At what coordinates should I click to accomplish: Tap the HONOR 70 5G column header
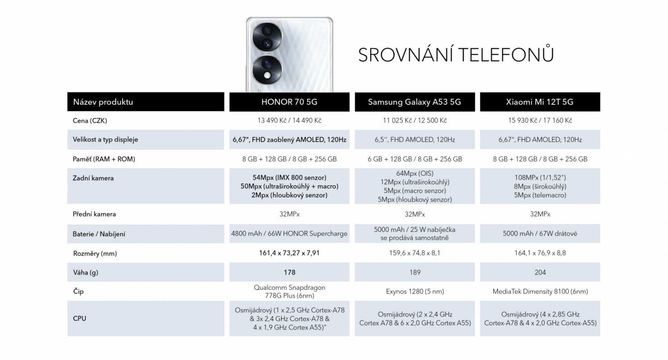click(289, 102)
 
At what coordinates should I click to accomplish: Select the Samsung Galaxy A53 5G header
click(414, 102)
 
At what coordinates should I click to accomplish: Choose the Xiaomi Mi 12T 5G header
click(540, 102)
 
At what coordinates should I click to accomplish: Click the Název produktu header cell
click(146, 102)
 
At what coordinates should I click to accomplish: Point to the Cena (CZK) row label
click(90, 121)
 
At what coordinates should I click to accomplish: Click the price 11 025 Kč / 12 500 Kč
click(415, 121)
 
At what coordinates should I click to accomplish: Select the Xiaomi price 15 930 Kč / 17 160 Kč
click(540, 121)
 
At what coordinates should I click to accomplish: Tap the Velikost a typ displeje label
click(105, 139)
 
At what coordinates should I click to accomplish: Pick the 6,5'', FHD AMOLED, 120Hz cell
click(415, 139)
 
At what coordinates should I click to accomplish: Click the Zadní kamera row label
click(93, 178)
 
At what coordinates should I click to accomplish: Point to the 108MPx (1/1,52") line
click(540, 177)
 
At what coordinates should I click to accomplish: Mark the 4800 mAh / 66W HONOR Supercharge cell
click(289, 234)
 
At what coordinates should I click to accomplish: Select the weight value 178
click(290, 272)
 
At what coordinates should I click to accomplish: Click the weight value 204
click(540, 272)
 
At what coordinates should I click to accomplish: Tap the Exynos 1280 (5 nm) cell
click(415, 292)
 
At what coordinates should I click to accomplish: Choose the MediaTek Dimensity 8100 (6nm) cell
click(540, 292)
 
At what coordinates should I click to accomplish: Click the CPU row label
click(79, 319)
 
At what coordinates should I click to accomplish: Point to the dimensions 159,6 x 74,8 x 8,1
click(414, 253)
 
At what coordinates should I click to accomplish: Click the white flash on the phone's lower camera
click(267, 75)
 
